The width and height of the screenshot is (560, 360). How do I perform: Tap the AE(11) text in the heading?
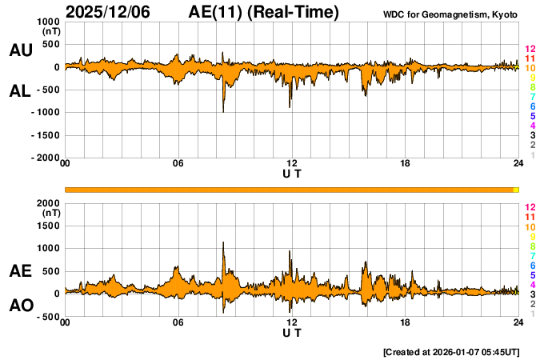click(x=216, y=12)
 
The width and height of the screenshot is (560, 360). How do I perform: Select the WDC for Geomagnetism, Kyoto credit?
click(x=450, y=14)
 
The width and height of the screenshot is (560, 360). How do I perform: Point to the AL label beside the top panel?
click(x=20, y=91)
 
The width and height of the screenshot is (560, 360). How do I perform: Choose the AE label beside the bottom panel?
click(x=20, y=271)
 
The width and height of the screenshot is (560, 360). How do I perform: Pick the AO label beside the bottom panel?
click(x=20, y=305)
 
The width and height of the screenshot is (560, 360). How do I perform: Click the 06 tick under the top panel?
click(x=178, y=164)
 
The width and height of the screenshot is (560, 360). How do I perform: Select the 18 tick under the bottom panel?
click(x=406, y=322)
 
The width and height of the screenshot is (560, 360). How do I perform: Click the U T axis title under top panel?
click(x=292, y=173)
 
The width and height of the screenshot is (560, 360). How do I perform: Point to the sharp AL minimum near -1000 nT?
click(x=223, y=111)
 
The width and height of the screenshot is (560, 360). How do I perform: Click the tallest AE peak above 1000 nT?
click(x=223, y=242)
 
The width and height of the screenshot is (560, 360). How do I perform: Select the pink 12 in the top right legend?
click(x=530, y=49)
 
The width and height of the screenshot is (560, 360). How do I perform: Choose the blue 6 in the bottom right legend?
click(x=532, y=265)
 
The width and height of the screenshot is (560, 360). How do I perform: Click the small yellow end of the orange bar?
click(x=516, y=190)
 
